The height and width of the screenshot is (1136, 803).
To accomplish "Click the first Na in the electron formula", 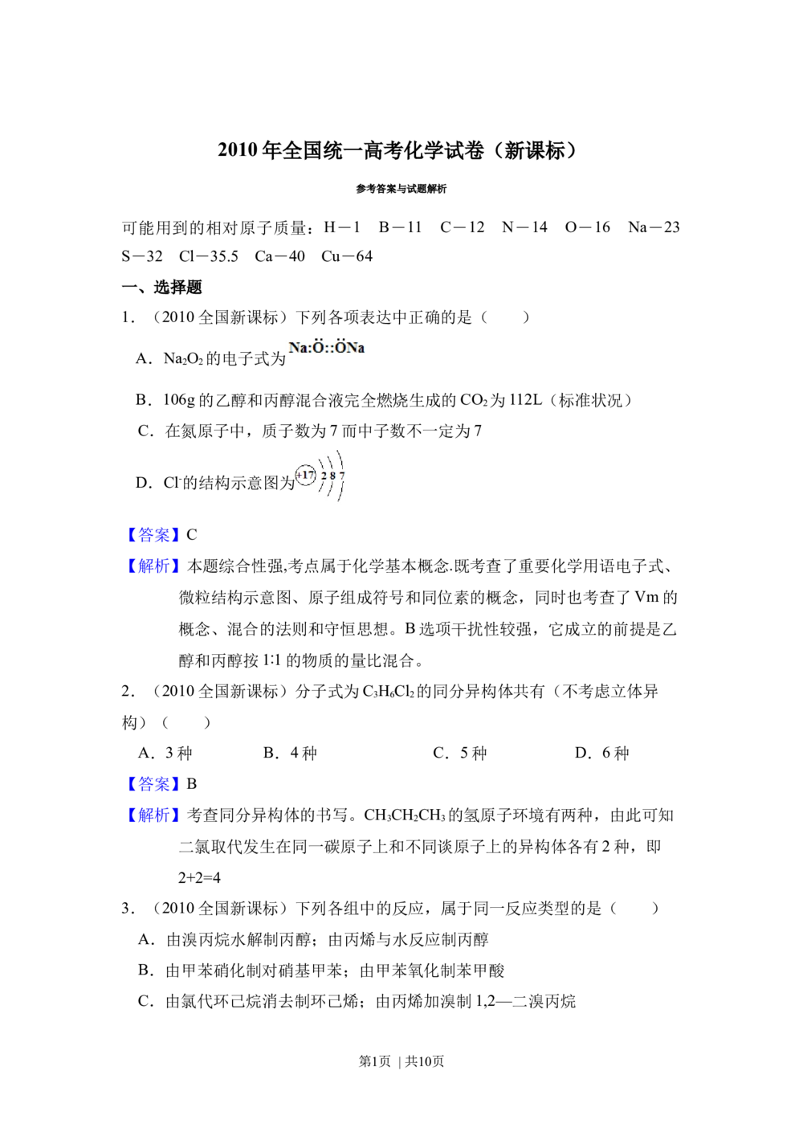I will tap(299, 349).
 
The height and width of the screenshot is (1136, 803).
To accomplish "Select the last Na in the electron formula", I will tap(355, 349).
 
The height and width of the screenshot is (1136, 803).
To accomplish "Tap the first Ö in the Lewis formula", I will tap(318, 349).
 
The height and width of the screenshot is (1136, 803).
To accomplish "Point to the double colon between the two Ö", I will tap(328, 349).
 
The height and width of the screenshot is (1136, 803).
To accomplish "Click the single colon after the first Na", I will tap(309, 349).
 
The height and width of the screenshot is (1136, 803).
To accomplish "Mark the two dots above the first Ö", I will tap(318, 341).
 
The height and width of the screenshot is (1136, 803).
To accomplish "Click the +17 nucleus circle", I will tap(305, 476).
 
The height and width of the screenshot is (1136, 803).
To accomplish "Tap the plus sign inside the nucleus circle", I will tap(299, 476).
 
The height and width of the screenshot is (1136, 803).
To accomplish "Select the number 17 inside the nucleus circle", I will tap(308, 476).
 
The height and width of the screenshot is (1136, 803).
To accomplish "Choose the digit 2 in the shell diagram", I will tap(324, 476).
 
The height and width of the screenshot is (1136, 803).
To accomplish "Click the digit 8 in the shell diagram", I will tap(332, 476).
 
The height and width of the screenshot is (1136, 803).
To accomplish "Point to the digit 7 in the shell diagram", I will tap(342, 476).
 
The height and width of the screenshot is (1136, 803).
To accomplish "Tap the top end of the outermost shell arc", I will tap(338, 450).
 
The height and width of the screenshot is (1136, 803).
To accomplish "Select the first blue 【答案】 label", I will tap(153, 535).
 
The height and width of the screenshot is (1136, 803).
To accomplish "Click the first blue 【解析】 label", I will tap(153, 566).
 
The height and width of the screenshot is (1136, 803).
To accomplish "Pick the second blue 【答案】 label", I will tap(153, 783).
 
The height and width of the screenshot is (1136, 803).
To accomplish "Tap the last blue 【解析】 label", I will tap(153, 815).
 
